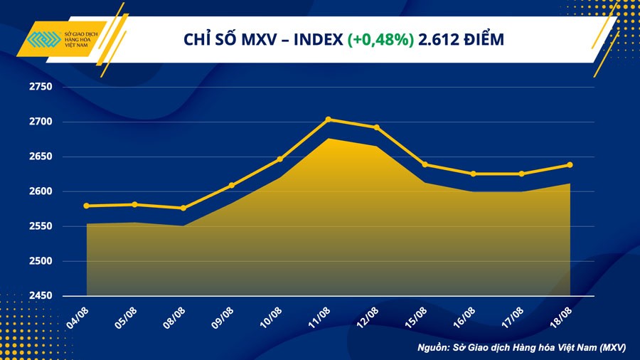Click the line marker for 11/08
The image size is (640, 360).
pos(328,120)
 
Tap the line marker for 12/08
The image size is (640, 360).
pos(376,127)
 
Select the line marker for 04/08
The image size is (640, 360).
pos(87,206)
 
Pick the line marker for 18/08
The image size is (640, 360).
pos(570,165)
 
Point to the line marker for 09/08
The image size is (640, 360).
pos(231,186)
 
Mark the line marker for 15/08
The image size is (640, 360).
pos(425,164)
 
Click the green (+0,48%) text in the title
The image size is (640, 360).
pos(380,40)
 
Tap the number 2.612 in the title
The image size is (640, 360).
pos(439,40)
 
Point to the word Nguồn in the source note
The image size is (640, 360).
pos(434,348)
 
